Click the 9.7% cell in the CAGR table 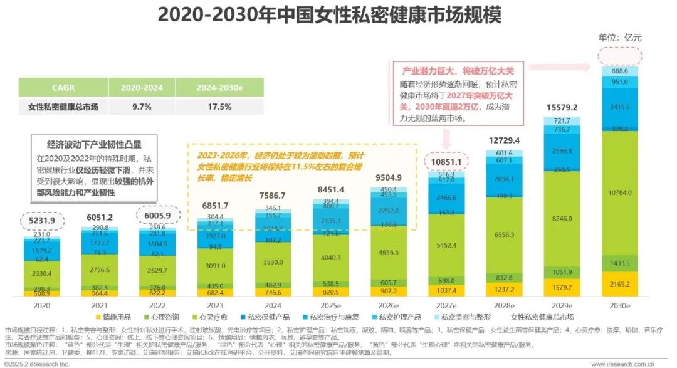pyautogui.click(x=142, y=107)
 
